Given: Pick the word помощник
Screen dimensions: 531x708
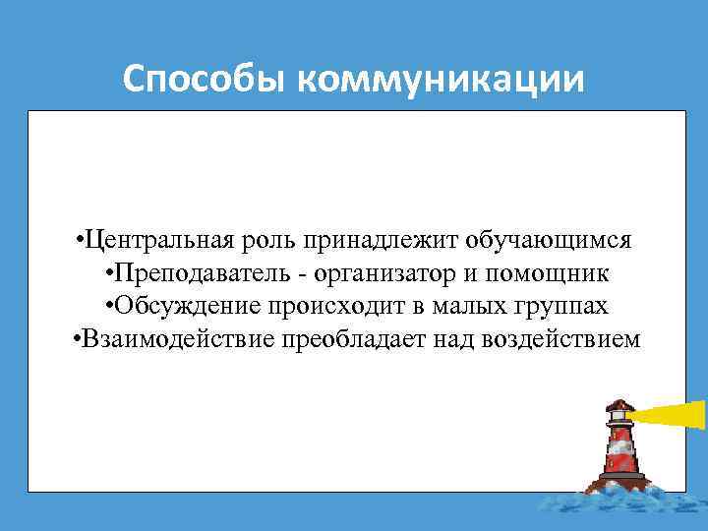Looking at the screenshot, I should [553, 273].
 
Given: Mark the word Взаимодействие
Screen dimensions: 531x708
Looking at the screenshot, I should [178, 340].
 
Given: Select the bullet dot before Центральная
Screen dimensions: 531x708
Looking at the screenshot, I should [78, 241].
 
